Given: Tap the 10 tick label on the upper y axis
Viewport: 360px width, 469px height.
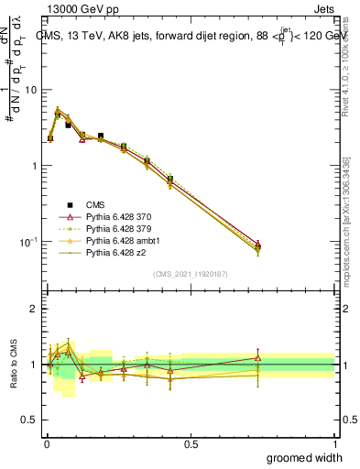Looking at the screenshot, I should pyautogui.click(x=30, y=90).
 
